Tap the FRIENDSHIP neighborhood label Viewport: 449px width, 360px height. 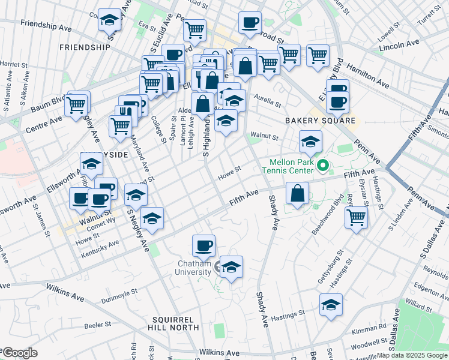pyautogui.click(x=85, y=47)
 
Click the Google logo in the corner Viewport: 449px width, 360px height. pyautogui.click(x=19, y=353)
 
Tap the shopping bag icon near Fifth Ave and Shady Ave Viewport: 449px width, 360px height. pyautogui.click(x=297, y=193)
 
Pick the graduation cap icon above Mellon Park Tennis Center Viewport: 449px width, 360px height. pyautogui.click(x=310, y=142)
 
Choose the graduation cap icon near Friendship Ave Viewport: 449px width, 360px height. pyautogui.click(x=109, y=20)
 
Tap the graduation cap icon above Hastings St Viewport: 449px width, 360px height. pyautogui.click(x=331, y=305)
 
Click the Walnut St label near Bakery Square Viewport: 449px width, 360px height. pyautogui.click(x=265, y=137)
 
